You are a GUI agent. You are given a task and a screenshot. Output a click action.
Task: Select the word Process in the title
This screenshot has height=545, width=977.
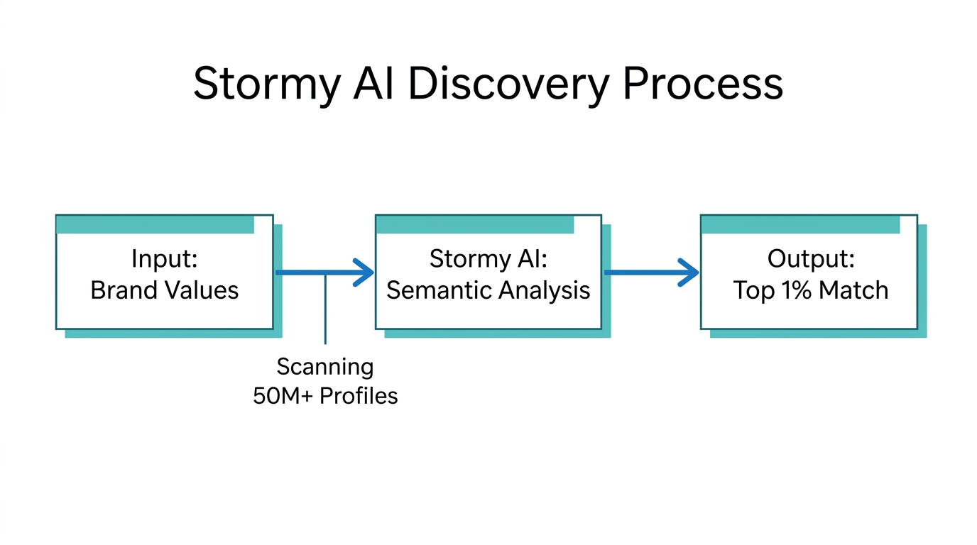703,84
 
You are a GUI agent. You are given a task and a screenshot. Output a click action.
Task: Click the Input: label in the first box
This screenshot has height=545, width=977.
164,259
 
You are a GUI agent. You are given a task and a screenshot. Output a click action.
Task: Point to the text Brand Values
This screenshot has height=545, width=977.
164,290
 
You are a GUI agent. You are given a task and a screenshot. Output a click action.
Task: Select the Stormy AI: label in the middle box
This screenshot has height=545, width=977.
488,259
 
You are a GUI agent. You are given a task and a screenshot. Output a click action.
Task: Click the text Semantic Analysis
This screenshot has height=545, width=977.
488,290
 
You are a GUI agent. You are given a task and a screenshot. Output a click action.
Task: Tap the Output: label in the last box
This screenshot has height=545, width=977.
810,259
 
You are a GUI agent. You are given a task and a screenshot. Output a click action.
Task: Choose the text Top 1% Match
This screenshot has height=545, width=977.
810,290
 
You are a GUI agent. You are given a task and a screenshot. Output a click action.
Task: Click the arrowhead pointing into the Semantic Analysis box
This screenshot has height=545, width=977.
365,272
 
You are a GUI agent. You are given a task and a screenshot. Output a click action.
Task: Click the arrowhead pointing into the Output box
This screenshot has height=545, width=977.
689,272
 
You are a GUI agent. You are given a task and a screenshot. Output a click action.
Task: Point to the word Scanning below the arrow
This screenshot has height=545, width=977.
324,367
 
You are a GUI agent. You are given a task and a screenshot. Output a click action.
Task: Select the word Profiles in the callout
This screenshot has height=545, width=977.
359,396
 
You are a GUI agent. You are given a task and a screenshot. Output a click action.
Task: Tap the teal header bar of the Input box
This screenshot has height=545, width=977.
155,225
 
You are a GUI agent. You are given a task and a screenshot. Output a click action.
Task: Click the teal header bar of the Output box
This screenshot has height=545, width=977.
800,225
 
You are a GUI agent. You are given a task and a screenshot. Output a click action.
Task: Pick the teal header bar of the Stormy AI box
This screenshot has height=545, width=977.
475,225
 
